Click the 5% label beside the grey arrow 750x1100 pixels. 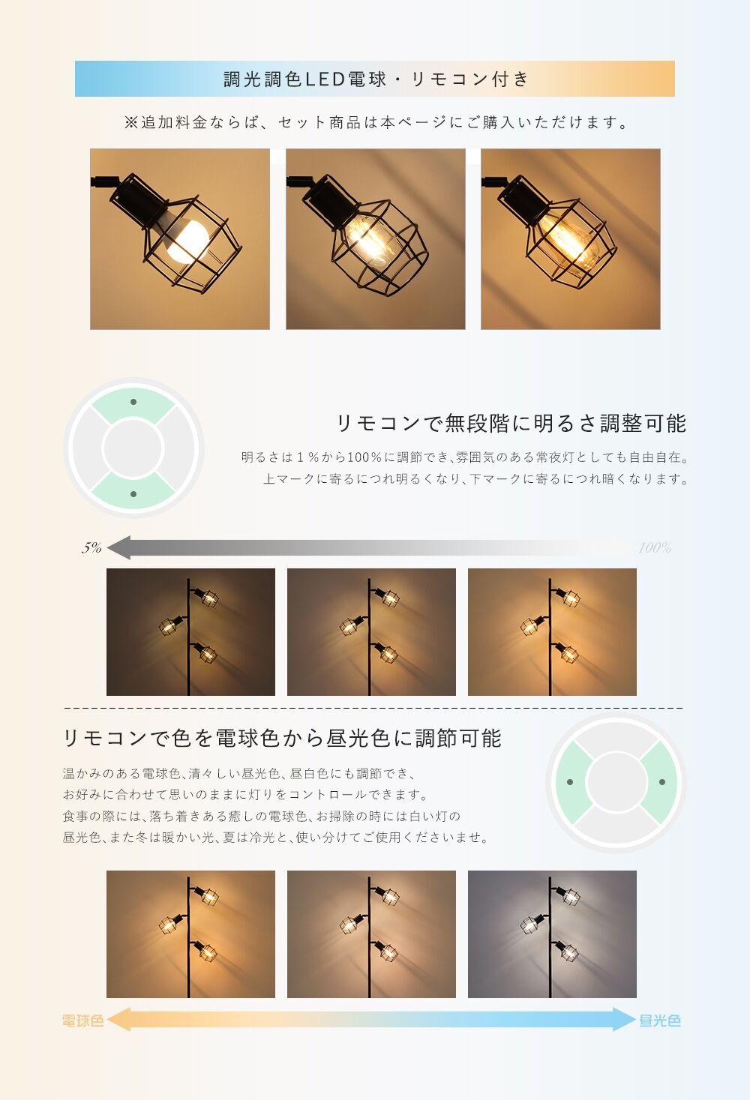tap(91, 547)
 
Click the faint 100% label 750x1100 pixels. tap(655, 547)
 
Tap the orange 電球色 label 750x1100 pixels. tap(83, 1021)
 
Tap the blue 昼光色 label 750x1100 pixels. tap(660, 1021)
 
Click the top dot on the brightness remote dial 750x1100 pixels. tap(133, 402)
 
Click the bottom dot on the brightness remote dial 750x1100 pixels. tap(133, 494)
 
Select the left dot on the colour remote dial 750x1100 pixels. tap(570, 782)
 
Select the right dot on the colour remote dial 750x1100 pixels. tap(662, 782)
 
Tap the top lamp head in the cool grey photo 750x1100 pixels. tap(568, 896)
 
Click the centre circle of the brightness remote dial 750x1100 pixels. tap(133, 448)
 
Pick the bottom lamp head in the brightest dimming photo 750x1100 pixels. tap(567, 652)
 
